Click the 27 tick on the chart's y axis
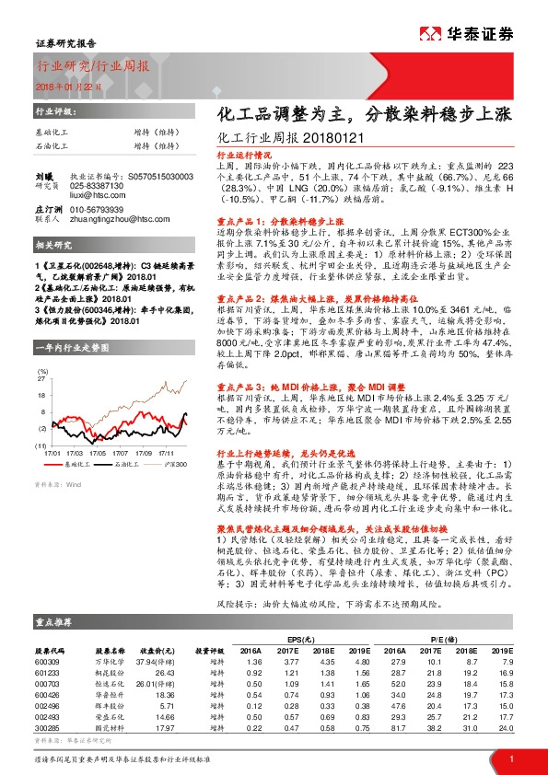[41, 378]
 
